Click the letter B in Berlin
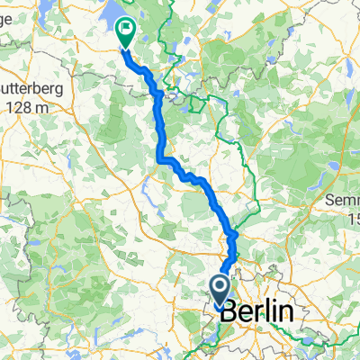click(x=229, y=312)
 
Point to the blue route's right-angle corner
click(x=162, y=159)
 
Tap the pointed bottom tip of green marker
click(x=124, y=48)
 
